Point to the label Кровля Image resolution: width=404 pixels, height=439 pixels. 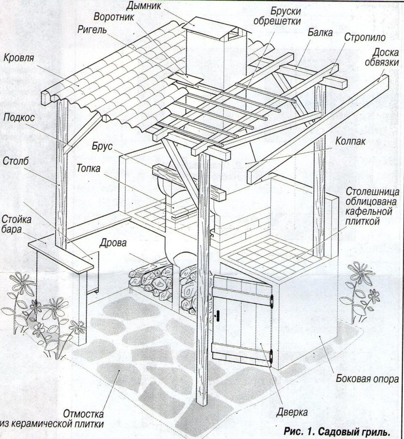point(18,58)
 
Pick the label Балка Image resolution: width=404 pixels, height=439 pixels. point(320,34)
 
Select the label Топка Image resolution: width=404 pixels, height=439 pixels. point(89,168)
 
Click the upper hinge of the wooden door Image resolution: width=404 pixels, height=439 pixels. point(272,299)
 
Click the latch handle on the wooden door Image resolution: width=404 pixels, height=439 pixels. point(218,315)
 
